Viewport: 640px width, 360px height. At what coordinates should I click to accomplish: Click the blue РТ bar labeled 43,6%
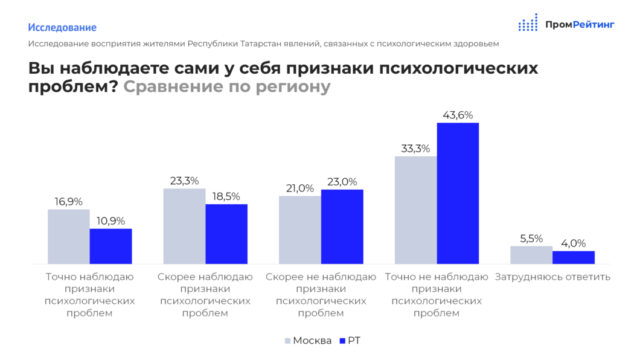point(458,193)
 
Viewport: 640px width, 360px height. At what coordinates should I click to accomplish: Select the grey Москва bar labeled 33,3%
point(415,210)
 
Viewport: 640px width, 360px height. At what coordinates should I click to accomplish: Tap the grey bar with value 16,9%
point(68,236)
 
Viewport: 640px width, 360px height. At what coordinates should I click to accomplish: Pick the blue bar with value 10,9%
point(110,246)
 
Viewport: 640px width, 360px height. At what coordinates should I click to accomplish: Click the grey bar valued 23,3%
point(184,226)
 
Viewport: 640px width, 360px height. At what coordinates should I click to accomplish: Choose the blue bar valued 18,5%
point(226,234)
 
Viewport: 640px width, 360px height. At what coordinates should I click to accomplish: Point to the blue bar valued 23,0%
point(342,227)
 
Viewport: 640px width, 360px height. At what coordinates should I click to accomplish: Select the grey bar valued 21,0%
point(299,230)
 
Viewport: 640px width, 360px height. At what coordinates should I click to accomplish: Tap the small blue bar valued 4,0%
point(574,257)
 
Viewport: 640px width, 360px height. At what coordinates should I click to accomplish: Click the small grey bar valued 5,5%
point(531,255)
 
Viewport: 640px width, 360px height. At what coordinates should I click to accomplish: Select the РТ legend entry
point(350,341)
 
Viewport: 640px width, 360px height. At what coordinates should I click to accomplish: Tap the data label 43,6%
point(458,115)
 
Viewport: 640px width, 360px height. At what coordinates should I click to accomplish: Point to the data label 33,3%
point(415,149)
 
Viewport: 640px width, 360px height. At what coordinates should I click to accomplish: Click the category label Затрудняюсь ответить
point(552,277)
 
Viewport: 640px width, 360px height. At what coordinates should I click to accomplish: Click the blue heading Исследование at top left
point(62,28)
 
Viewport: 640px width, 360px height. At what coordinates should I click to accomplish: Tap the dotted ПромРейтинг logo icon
point(528,23)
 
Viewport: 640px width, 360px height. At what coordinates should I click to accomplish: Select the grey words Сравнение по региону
point(227,87)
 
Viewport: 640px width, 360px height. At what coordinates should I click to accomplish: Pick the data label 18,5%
point(226,196)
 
